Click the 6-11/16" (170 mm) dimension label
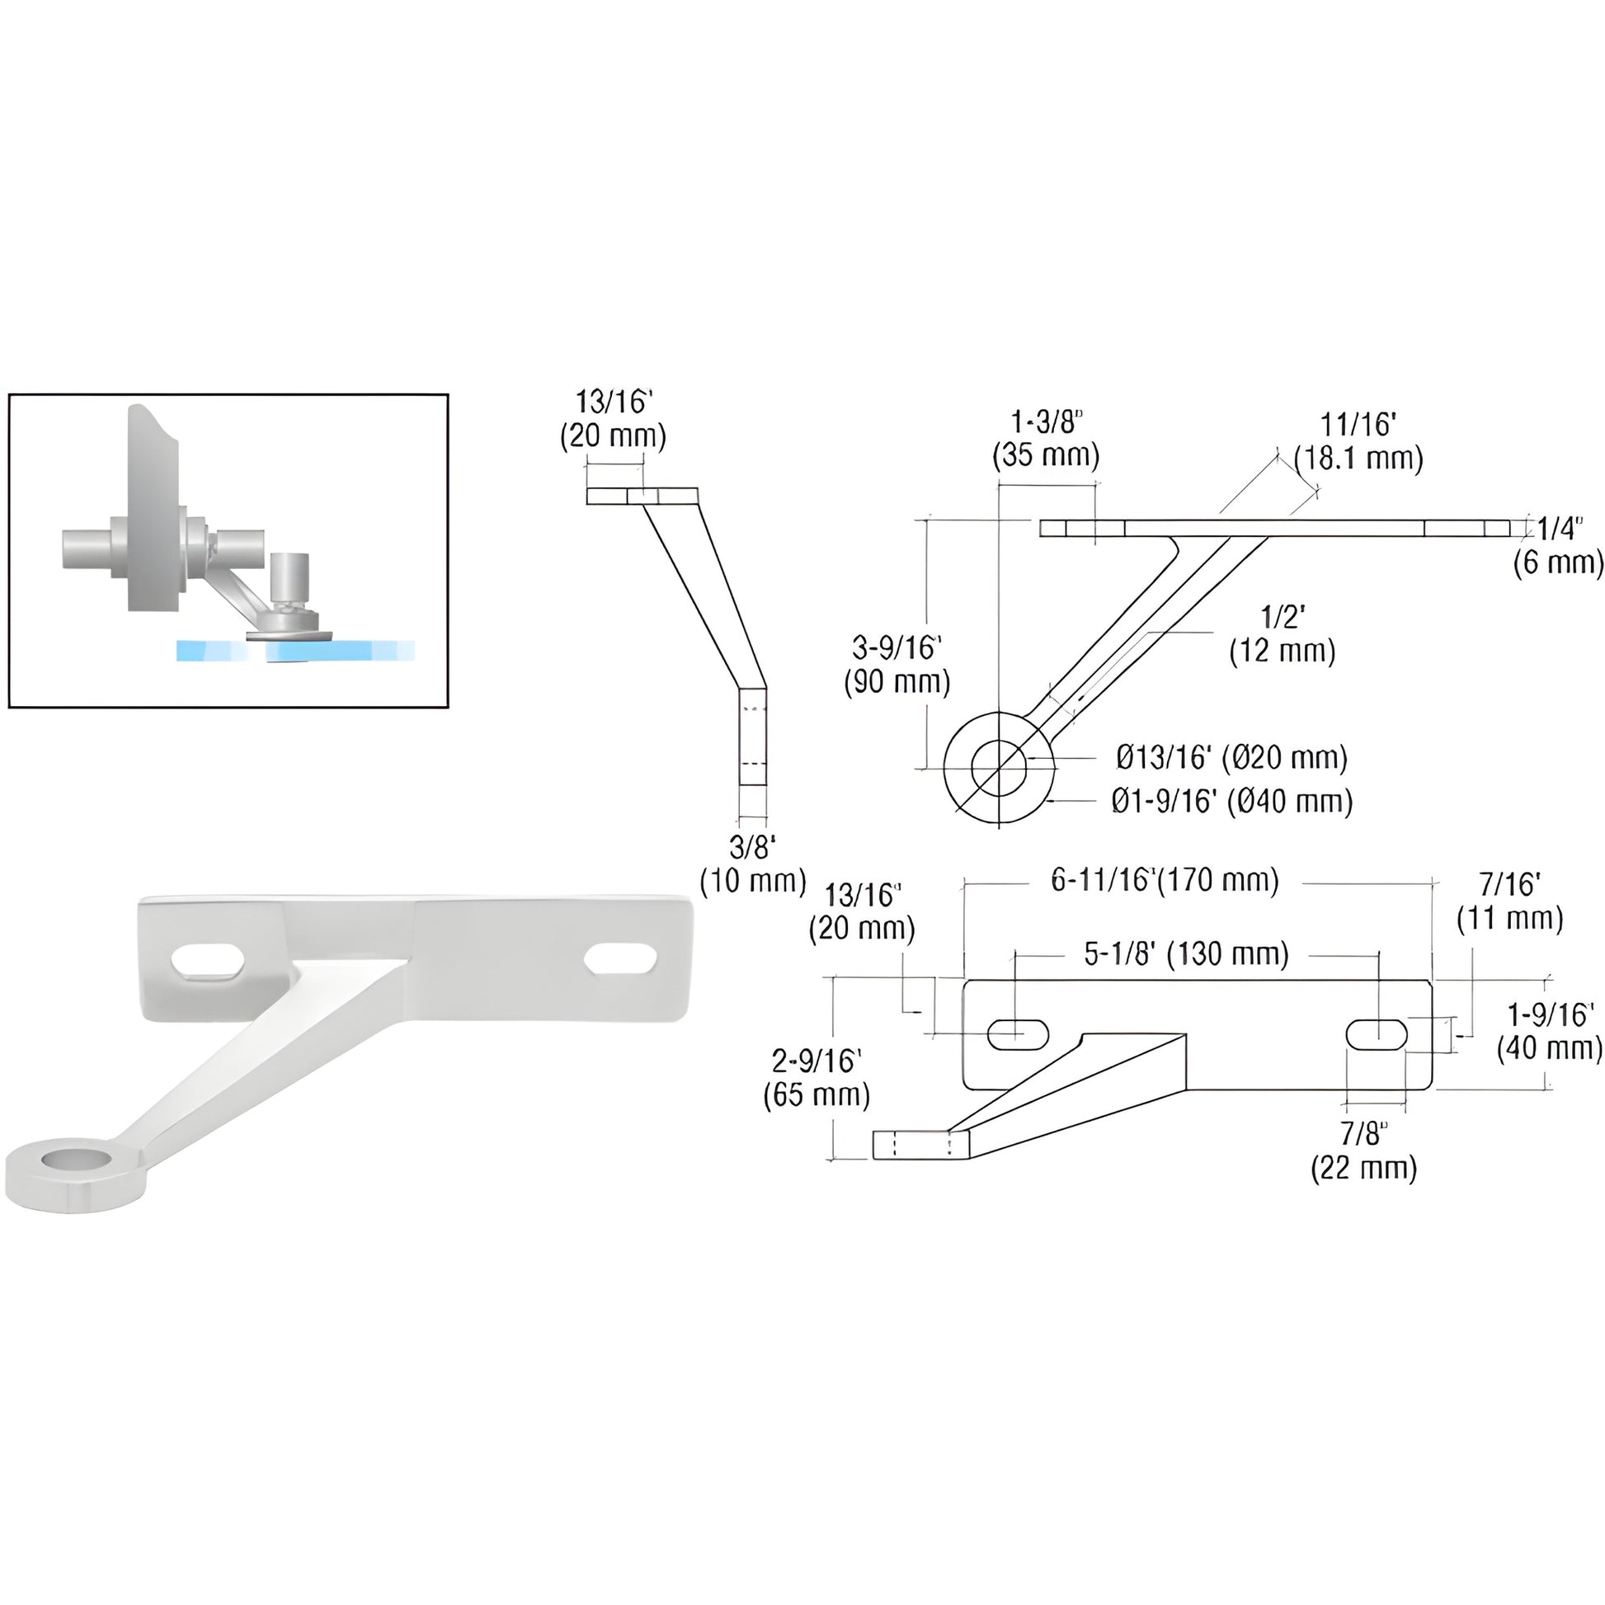click(x=1165, y=880)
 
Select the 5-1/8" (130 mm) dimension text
click(x=1186, y=953)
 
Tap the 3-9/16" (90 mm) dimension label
click(x=897, y=665)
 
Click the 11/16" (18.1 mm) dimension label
click(x=1358, y=441)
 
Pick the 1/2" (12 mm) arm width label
click(x=1283, y=635)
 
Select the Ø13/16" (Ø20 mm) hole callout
click(x=1232, y=757)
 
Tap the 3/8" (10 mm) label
click(x=753, y=864)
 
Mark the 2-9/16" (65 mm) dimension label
click(x=817, y=1078)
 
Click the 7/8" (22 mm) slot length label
click(x=1364, y=1151)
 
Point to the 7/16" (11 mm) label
click(x=1510, y=901)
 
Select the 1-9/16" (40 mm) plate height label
click(x=1551, y=1032)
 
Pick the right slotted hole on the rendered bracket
click(x=620, y=958)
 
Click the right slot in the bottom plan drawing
click(x=1377, y=1034)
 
